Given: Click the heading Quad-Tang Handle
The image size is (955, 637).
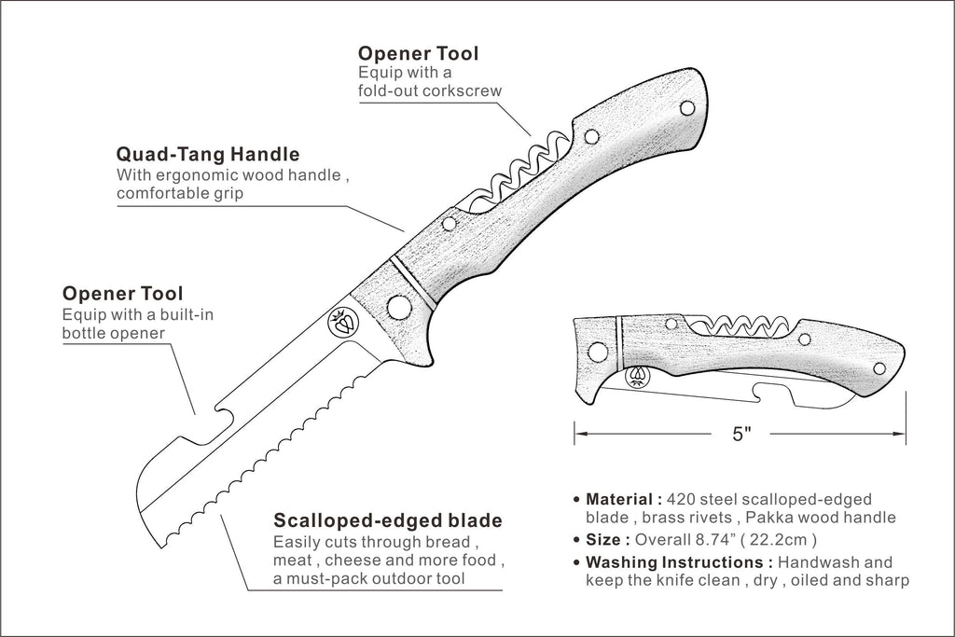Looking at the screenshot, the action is tap(208, 154).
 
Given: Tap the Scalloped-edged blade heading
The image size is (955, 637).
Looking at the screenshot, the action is tap(388, 520).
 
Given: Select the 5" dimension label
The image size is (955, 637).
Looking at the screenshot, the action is tap(741, 435).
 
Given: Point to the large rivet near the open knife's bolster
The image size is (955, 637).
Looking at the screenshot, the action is tap(397, 305).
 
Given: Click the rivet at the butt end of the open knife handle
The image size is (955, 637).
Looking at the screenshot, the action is tap(687, 109).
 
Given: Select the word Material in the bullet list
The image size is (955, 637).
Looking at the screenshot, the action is tap(619, 499).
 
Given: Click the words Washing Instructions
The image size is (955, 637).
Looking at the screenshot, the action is tap(679, 562).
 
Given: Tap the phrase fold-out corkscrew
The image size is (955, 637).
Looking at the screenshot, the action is tap(430, 90).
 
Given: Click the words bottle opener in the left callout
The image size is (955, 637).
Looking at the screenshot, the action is tap(113, 333).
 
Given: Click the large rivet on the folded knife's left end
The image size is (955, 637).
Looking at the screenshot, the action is tap(598, 352).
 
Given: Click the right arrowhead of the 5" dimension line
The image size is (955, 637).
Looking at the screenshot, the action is tap(899, 435).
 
